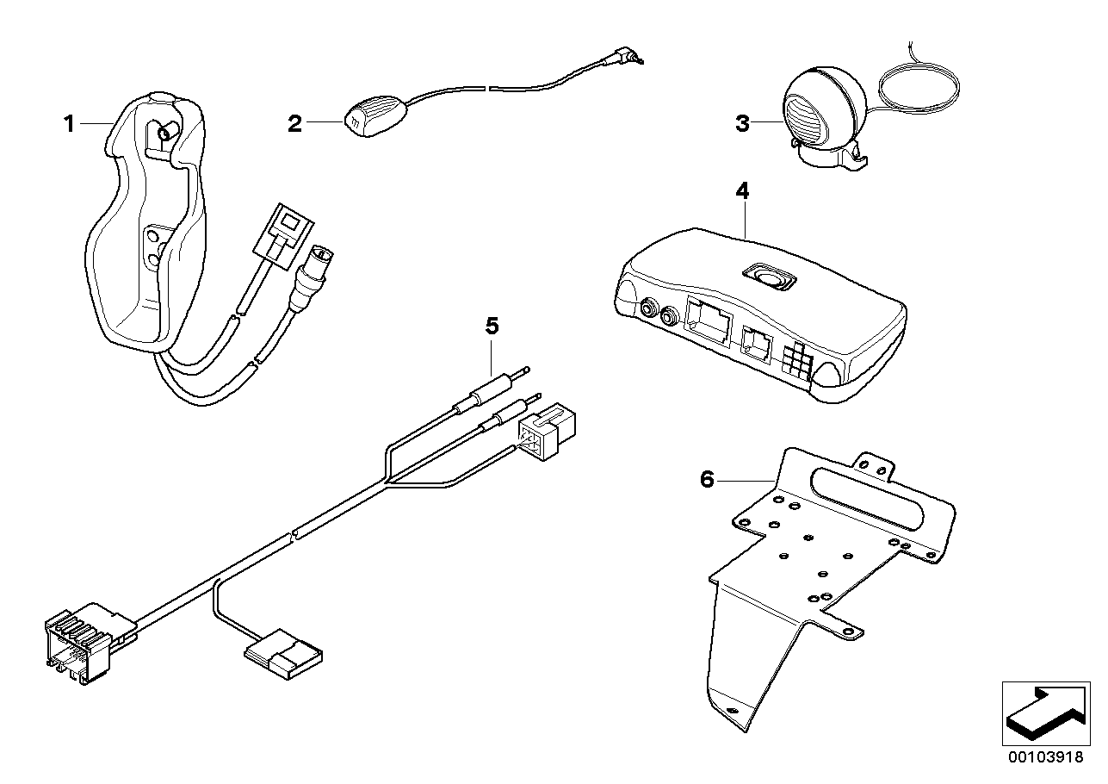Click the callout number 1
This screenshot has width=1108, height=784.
[69, 124]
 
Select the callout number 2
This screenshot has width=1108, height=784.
[294, 124]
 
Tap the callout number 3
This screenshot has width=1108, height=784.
[742, 123]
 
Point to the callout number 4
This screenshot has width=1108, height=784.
[742, 190]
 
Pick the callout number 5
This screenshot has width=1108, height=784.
[492, 326]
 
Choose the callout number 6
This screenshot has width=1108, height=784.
[707, 479]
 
